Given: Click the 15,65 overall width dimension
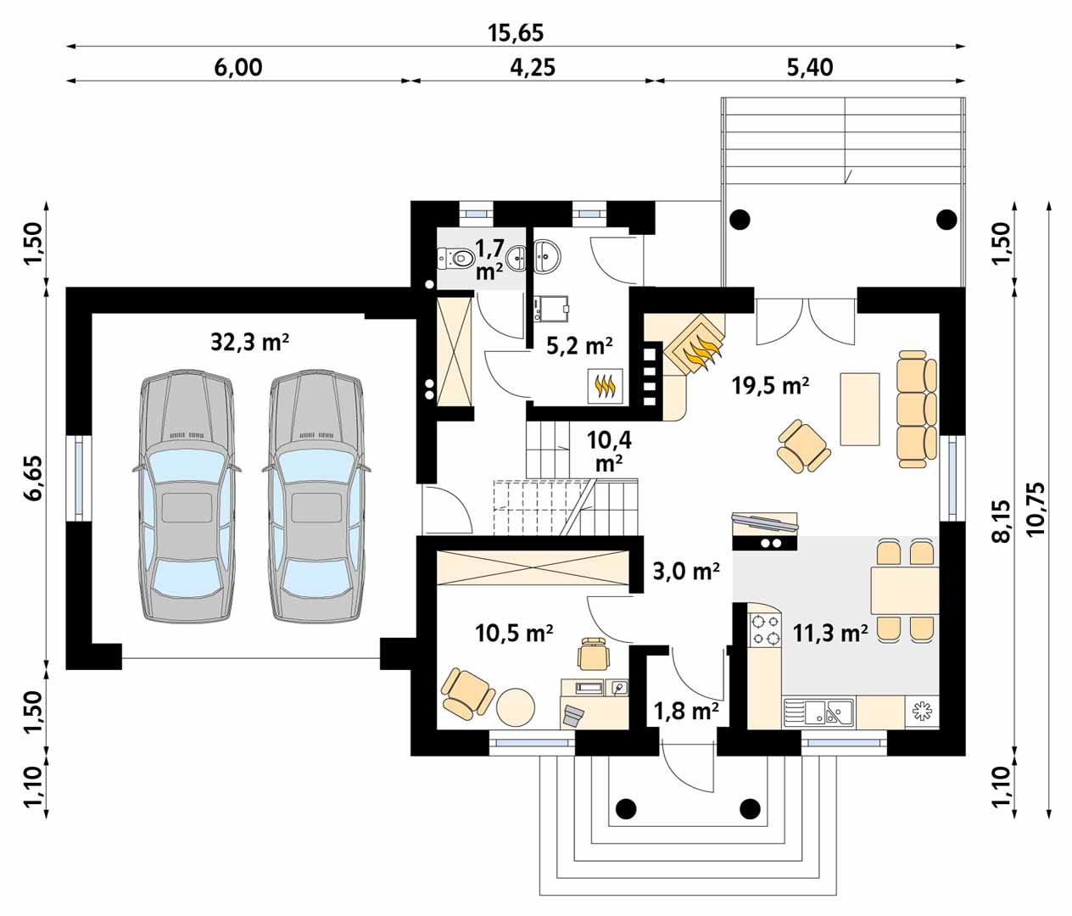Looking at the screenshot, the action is pyautogui.click(x=516, y=33).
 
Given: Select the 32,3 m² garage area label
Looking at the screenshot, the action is pyautogui.click(x=249, y=343).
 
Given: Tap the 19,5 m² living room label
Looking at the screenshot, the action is pyautogui.click(x=771, y=385).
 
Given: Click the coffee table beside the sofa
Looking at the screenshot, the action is pyautogui.click(x=860, y=409).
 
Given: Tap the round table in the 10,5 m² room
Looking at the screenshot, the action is pyautogui.click(x=516, y=706).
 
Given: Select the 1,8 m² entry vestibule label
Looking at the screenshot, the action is pyautogui.click(x=685, y=712).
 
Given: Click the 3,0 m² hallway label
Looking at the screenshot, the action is pyautogui.click(x=685, y=571).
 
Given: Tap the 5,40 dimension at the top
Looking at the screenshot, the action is pyautogui.click(x=810, y=68).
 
